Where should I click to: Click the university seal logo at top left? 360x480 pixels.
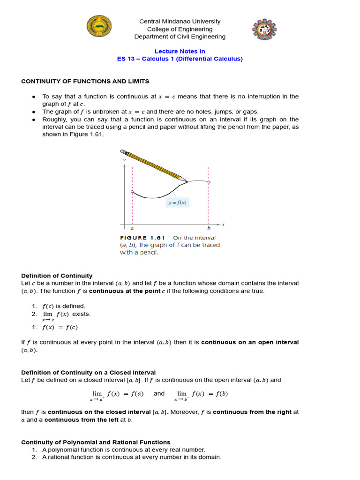(99, 26)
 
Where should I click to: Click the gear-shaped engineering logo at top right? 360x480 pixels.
(264, 30)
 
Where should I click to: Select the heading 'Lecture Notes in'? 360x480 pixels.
(180, 51)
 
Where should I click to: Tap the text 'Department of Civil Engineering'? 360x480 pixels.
(180, 37)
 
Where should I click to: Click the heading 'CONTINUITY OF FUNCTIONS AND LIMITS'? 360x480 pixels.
(85, 81)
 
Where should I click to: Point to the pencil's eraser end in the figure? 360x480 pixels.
(124, 152)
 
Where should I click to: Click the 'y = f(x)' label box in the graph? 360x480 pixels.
(178, 203)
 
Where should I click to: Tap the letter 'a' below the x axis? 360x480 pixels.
(132, 229)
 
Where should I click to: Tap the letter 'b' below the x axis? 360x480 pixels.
(209, 229)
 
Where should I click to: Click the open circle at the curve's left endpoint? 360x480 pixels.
(132, 192)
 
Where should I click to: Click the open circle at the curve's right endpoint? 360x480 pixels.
(209, 182)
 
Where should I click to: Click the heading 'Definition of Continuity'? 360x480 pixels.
(57, 276)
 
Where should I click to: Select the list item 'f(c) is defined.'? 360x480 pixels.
(64, 306)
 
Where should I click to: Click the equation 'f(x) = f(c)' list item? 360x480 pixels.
(60, 327)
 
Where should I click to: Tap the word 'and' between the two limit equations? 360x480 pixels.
(159, 394)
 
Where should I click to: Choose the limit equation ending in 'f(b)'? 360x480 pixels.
(202, 395)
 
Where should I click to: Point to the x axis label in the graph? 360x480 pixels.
(223, 225)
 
